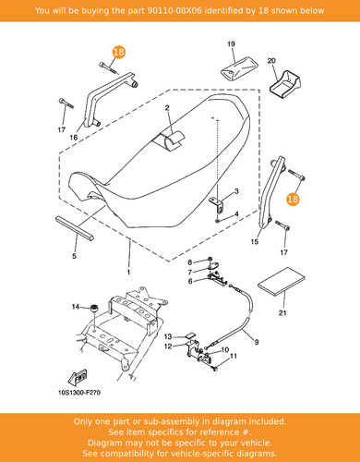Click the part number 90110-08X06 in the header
(x=174, y=10)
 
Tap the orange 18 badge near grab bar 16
(x=118, y=52)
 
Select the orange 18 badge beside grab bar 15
(x=293, y=199)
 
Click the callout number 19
(x=231, y=44)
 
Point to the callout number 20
(x=271, y=61)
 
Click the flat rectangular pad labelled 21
(x=281, y=281)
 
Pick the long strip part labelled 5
(x=75, y=227)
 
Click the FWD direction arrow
(x=78, y=377)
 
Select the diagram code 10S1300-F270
(x=79, y=393)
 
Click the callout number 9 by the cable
(x=257, y=342)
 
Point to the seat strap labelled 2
(x=172, y=140)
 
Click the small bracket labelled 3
(x=217, y=204)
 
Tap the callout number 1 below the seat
(x=128, y=272)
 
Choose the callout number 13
(x=168, y=336)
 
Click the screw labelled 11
(x=214, y=368)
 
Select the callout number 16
(x=74, y=138)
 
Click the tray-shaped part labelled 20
(x=285, y=84)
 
